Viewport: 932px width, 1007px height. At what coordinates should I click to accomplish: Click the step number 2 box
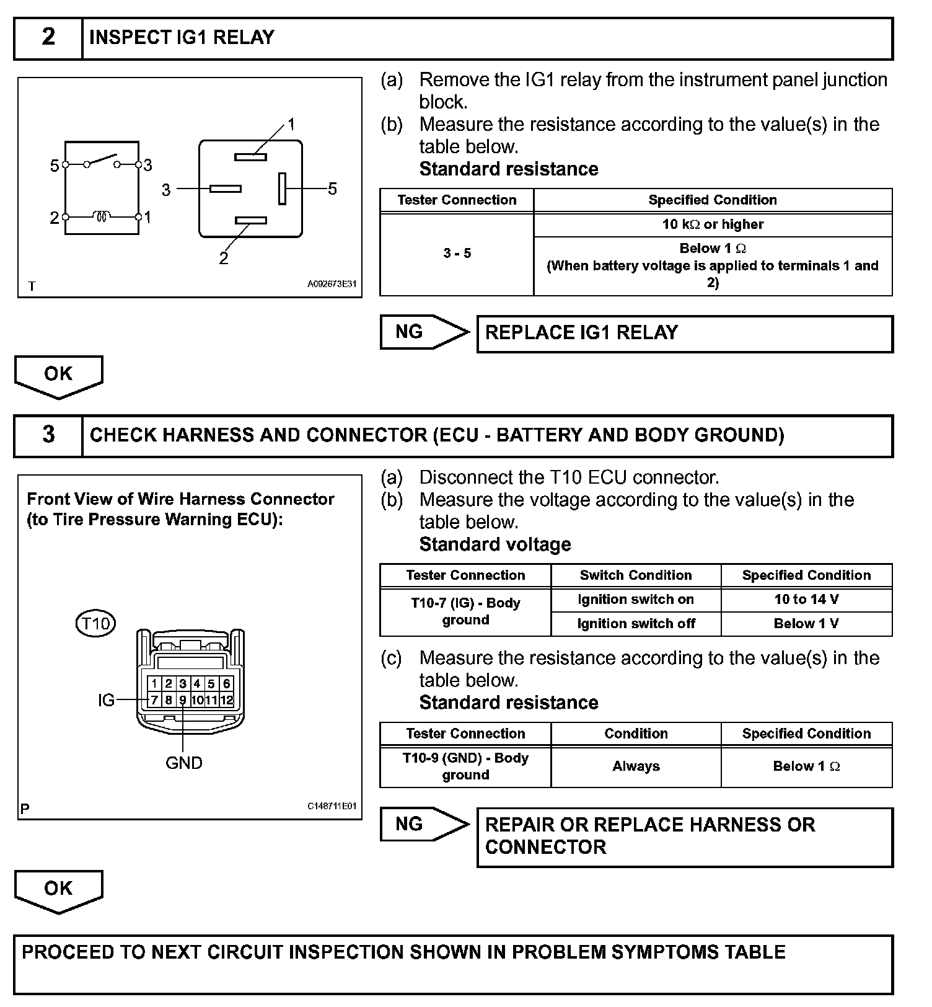coord(48,38)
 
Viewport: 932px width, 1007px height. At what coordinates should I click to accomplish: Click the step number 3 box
coord(48,435)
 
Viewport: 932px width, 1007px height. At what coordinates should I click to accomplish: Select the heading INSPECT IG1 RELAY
coord(182,38)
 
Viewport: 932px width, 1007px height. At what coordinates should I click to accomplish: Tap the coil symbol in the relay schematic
coord(102,216)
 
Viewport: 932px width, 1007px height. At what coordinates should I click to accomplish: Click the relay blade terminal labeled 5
coord(282,188)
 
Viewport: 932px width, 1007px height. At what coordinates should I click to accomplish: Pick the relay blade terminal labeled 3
coord(225,189)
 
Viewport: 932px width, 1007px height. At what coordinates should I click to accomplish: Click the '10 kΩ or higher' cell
coord(713,224)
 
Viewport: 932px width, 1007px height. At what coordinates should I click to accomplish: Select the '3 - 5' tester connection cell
coord(457,254)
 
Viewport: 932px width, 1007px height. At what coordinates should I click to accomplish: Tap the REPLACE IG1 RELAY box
coord(684,334)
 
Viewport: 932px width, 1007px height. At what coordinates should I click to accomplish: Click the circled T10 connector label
coord(95,623)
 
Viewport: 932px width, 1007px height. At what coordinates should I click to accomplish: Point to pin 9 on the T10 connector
coord(183,700)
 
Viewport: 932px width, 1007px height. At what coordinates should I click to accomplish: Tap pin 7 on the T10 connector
coord(154,700)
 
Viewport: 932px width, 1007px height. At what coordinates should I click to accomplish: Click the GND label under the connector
coord(184,763)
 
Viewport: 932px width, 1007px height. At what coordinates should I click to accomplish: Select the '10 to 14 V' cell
coord(806,600)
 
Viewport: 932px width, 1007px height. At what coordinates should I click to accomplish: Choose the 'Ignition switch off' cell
coord(636,624)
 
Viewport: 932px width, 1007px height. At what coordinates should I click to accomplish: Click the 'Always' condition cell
coord(636,766)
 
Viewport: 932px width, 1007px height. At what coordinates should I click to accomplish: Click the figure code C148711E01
coord(332,807)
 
